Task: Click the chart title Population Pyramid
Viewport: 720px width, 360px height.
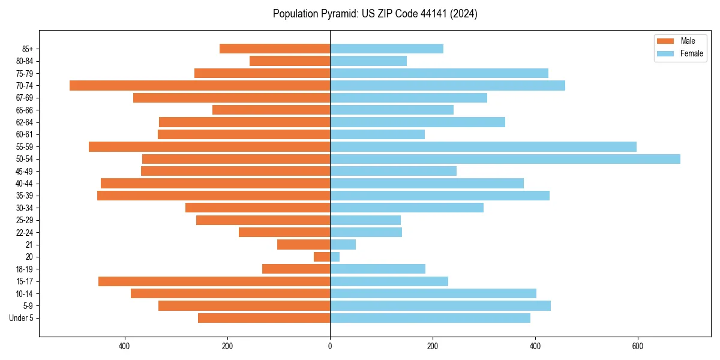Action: click(x=375, y=14)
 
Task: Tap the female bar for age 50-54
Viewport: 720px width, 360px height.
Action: click(x=505, y=159)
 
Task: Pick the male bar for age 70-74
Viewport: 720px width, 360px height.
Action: click(x=200, y=86)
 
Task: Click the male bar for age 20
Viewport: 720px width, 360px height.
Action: click(x=322, y=257)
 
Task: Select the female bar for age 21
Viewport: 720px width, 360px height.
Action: click(x=343, y=245)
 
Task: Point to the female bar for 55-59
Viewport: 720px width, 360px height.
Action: click(x=483, y=147)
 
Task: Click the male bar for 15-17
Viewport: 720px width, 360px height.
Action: click(x=214, y=281)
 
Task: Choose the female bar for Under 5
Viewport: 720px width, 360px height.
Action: click(x=430, y=318)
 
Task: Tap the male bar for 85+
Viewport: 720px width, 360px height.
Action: click(x=275, y=49)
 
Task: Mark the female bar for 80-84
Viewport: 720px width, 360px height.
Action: click(x=368, y=61)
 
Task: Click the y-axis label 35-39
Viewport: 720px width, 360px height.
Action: click(x=25, y=196)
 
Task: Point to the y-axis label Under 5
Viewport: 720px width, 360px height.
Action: click(x=22, y=318)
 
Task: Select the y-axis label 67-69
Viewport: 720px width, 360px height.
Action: click(x=25, y=98)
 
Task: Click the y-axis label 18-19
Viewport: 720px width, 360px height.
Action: click(x=25, y=269)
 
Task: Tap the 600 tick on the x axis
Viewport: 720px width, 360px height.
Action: click(x=638, y=346)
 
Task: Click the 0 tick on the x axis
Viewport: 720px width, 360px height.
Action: click(x=330, y=346)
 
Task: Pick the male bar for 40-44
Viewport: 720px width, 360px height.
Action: click(x=215, y=184)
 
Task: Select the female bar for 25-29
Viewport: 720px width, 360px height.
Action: click(x=365, y=220)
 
